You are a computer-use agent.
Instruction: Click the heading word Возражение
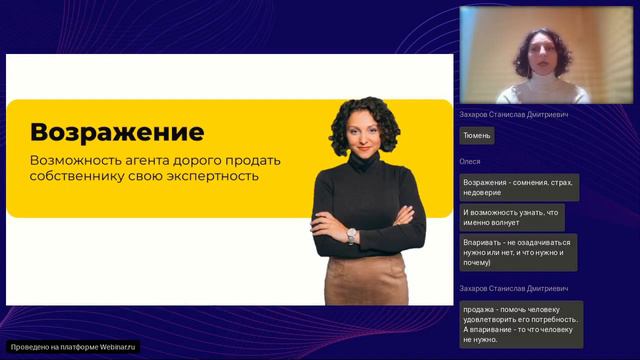[117, 132]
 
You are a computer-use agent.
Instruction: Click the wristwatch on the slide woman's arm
[352, 235]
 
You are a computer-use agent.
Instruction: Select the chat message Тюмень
[477, 135]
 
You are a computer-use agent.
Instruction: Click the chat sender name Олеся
[470, 161]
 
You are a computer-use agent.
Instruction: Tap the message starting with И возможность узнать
[512, 217]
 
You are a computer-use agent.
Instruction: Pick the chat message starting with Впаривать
[517, 252]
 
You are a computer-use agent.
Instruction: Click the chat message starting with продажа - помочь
[520, 324]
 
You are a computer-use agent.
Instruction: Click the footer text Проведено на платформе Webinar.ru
[74, 347]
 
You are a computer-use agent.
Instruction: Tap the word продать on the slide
[260, 160]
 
